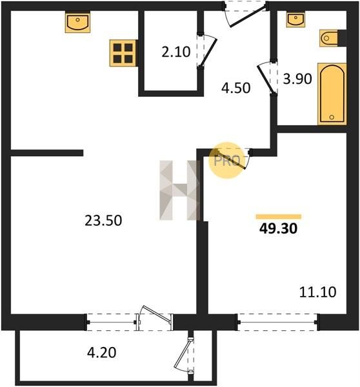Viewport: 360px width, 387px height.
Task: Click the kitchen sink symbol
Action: click(x=78, y=23)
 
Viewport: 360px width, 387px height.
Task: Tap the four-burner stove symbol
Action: click(x=123, y=53)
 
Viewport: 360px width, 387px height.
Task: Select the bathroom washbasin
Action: click(x=295, y=20)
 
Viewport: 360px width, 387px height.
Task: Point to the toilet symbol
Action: click(x=329, y=38)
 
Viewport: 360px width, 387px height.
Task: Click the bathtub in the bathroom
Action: click(x=332, y=94)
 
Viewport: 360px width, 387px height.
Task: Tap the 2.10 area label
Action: click(x=175, y=52)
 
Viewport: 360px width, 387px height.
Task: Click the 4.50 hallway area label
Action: click(x=235, y=88)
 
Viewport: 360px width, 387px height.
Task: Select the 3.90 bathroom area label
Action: click(x=297, y=79)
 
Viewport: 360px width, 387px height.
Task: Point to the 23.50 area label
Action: click(x=103, y=221)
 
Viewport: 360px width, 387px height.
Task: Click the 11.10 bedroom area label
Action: click(x=317, y=292)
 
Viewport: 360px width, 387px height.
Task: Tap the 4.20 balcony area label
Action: click(x=102, y=352)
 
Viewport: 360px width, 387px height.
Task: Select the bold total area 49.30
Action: click(x=278, y=229)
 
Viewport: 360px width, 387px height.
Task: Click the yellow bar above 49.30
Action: click(x=279, y=217)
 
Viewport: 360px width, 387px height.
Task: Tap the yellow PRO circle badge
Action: click(x=226, y=160)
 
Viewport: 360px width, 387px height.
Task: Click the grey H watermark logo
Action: click(x=180, y=190)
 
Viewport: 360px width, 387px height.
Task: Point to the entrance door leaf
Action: click(x=248, y=15)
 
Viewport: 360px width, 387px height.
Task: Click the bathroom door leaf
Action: click(x=266, y=79)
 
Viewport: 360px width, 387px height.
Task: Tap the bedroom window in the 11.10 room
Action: click(x=278, y=322)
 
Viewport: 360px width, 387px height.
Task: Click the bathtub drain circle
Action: click(x=332, y=117)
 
